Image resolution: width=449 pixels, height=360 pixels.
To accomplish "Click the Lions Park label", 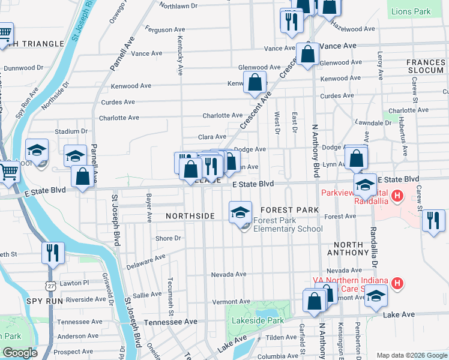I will (x=411, y=11).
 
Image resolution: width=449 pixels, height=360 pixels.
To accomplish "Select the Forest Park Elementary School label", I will (x=288, y=224).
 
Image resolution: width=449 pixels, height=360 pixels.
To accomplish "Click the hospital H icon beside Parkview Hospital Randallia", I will (x=396, y=196).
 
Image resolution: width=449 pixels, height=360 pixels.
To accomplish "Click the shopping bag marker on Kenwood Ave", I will (x=255, y=83).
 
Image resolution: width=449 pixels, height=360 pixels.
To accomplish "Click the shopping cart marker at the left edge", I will (x=8, y=172).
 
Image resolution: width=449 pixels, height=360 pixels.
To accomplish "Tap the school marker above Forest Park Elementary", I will (x=241, y=211).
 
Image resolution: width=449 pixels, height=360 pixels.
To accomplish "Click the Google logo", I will (x=20, y=353).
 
